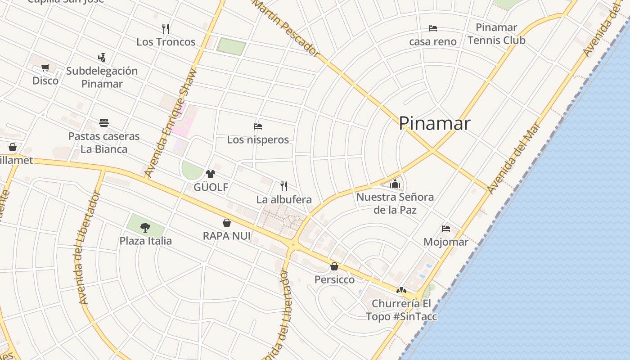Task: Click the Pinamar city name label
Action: (435, 123)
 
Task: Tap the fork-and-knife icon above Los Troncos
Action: (166, 29)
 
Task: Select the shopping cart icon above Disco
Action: (45, 68)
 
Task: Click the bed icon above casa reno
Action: (433, 28)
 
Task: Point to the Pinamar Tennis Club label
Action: (496, 34)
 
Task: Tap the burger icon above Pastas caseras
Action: (104, 123)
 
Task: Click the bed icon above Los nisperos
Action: (258, 126)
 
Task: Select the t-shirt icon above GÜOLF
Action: (210, 174)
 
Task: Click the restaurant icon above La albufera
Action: (284, 186)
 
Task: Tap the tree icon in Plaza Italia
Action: (145, 228)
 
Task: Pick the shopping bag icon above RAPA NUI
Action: (227, 223)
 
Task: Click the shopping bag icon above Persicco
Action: (334, 266)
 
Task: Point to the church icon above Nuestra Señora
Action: (395, 184)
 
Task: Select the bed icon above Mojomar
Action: (446, 229)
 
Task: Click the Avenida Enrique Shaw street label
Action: (171, 122)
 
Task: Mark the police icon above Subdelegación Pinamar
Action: (102, 58)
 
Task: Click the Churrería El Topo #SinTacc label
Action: (401, 310)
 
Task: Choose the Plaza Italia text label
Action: (145, 241)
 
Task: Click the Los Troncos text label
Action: (166, 42)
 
